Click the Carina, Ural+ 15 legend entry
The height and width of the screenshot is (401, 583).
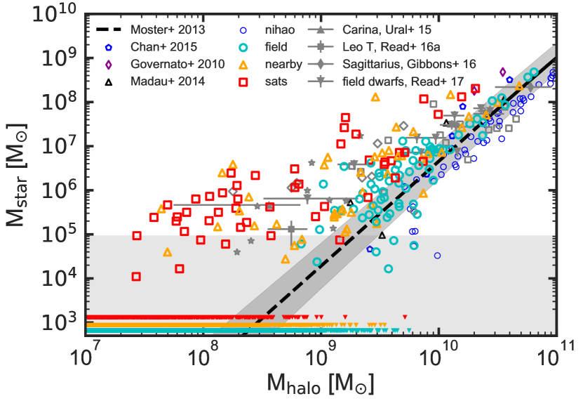point(386,31)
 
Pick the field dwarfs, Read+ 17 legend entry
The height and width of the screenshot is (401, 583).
point(406,81)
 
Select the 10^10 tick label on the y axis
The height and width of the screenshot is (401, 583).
point(63,14)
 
